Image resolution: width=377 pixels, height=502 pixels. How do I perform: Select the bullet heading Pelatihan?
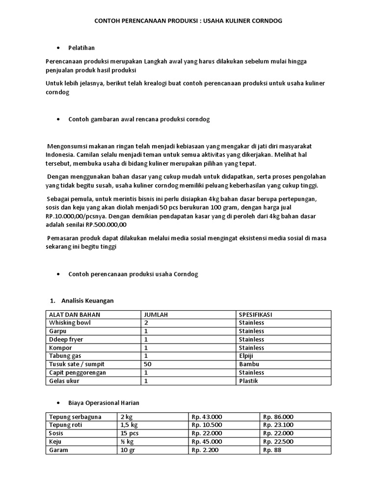click(81, 48)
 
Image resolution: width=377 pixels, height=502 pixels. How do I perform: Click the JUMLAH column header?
click(156, 314)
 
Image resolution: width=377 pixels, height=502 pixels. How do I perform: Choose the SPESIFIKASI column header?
click(257, 314)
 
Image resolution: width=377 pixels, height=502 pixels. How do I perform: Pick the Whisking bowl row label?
click(70, 323)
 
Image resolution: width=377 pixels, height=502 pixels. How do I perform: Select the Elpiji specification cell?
click(247, 356)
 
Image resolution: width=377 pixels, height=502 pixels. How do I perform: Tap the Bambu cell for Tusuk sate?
click(249, 364)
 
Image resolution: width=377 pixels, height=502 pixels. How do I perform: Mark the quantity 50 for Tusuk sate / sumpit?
click(148, 364)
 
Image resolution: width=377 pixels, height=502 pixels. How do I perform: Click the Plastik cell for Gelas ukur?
click(249, 381)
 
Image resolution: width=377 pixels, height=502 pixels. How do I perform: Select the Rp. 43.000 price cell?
click(207, 417)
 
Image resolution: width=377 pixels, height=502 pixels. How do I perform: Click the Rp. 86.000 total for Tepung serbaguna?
click(278, 417)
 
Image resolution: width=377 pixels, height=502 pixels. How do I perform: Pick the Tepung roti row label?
click(66, 425)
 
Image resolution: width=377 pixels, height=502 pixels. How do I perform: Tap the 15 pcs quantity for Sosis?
click(129, 433)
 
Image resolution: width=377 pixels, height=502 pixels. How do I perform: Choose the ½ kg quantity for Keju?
click(126, 442)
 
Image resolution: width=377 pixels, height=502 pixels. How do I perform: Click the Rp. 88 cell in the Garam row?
click(272, 450)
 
